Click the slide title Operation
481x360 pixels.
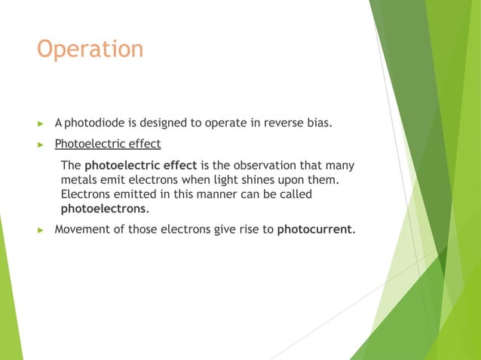(x=90, y=50)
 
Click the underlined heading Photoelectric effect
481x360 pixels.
(x=108, y=143)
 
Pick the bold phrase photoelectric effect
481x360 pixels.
(x=141, y=166)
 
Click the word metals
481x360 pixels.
(x=78, y=180)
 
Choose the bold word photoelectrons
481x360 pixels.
(x=104, y=209)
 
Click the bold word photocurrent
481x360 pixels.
(x=314, y=230)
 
